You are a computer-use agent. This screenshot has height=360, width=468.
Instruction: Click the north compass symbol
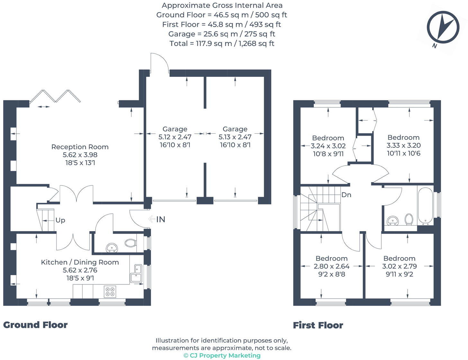click(443, 28)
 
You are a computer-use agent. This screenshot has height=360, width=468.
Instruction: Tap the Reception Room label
click(80, 147)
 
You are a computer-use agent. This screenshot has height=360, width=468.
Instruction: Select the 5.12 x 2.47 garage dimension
click(175, 137)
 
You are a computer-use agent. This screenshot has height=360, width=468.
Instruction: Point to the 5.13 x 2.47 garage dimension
click(235, 137)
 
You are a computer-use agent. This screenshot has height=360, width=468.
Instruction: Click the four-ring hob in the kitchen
click(110, 292)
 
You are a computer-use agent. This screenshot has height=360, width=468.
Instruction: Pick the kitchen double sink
click(136, 273)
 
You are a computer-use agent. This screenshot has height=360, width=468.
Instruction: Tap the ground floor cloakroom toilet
click(131, 243)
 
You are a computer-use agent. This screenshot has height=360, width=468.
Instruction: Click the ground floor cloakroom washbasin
click(112, 248)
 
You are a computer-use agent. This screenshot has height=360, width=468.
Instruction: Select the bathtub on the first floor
click(425, 206)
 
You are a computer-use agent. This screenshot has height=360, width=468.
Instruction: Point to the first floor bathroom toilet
click(409, 219)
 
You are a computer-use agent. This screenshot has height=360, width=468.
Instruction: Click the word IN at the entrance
click(161, 220)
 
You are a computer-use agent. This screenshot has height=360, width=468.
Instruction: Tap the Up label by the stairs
click(60, 220)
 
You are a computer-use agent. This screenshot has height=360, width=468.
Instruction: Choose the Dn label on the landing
click(346, 195)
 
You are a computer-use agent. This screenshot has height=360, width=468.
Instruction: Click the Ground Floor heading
click(35, 325)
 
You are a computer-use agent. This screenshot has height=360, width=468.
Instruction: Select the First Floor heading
click(318, 325)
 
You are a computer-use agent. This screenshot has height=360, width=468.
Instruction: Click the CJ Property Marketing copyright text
click(222, 355)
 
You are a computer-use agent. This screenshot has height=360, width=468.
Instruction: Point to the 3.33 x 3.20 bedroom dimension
click(404, 145)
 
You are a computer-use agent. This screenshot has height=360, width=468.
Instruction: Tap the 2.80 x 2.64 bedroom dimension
click(332, 266)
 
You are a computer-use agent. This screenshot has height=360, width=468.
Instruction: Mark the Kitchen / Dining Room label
click(80, 262)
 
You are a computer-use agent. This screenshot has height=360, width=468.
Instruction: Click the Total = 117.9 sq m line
click(222, 43)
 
